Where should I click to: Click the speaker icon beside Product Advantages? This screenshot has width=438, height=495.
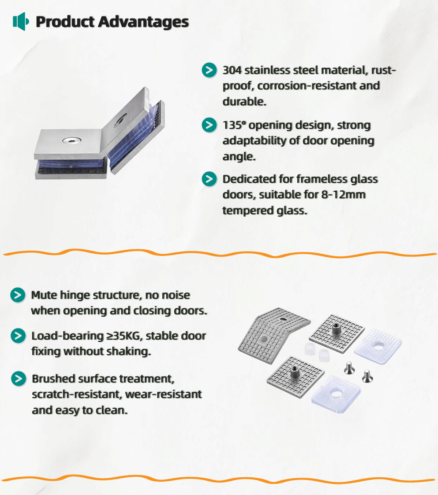click(x=21, y=21)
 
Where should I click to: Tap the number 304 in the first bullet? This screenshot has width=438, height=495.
click(x=232, y=70)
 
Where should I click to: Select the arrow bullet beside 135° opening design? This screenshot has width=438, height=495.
click(x=209, y=125)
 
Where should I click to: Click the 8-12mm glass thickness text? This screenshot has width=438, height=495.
click(x=343, y=195)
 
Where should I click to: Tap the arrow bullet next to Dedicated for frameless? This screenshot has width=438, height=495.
click(x=209, y=179)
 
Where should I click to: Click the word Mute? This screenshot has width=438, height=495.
click(x=44, y=295)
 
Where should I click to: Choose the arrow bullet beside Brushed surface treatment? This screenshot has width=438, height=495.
click(x=19, y=379)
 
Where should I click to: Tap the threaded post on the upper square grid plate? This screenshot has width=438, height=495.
click(x=336, y=329)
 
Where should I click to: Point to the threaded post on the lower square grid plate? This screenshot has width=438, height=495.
click(x=295, y=371)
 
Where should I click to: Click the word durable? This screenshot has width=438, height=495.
click(x=244, y=102)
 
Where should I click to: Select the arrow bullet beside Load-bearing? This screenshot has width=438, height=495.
click(x=18, y=336)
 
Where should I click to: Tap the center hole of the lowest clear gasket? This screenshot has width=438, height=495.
click(x=335, y=393)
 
